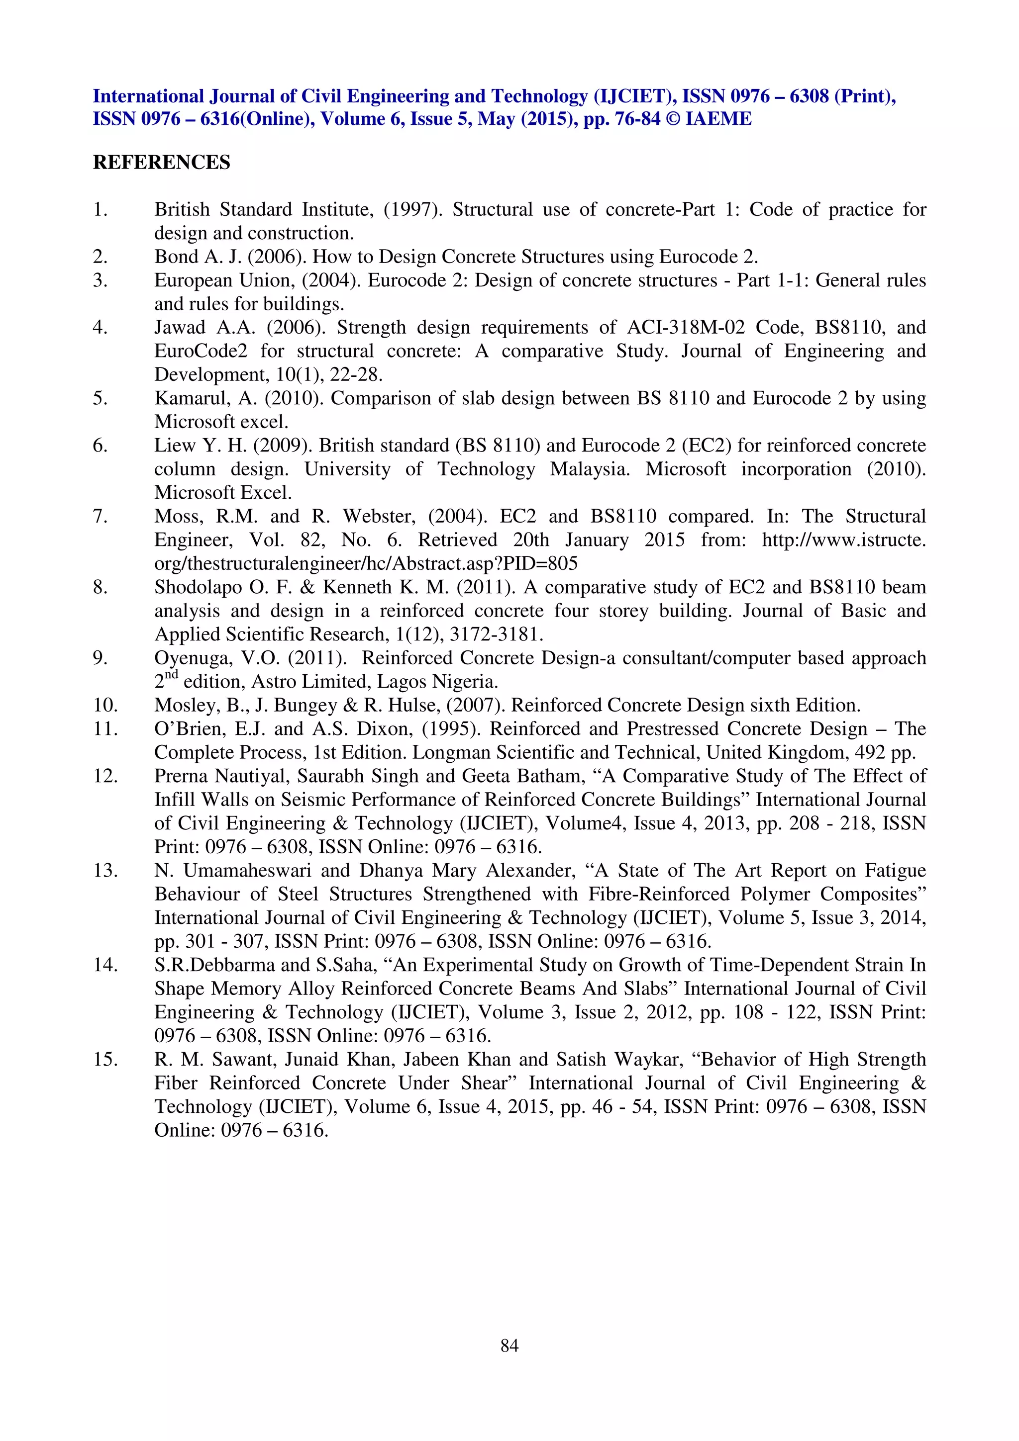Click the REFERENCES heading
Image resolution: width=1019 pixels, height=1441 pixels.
click(x=161, y=162)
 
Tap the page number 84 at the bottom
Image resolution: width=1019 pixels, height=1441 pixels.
click(x=509, y=1345)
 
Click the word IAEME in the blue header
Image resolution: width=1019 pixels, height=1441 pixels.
click(x=718, y=119)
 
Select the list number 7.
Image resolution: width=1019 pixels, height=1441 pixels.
click(x=100, y=517)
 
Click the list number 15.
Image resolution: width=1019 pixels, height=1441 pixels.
click(x=105, y=1060)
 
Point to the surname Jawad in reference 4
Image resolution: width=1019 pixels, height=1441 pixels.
click(x=180, y=328)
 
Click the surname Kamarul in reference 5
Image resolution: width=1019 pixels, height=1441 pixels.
click(x=192, y=398)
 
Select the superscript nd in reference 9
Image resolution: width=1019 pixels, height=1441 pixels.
click(x=171, y=675)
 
